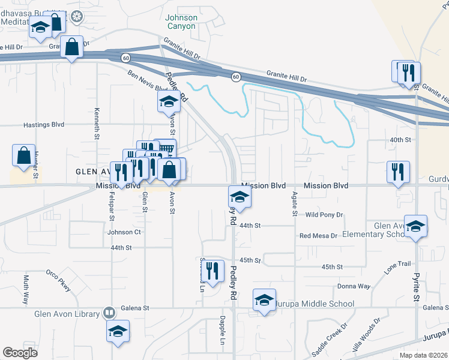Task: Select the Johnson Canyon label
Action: (181, 22)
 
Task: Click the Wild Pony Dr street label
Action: (324, 214)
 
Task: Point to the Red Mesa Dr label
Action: (318, 236)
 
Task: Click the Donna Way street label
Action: (354, 286)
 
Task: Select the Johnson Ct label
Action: (124, 232)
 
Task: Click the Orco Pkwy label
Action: (58, 281)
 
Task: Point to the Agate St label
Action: (295, 204)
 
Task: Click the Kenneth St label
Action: (96, 124)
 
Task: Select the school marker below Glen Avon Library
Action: (118, 331)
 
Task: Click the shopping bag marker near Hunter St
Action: (23, 155)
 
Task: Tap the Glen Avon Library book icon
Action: (109, 313)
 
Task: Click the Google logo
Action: (20, 353)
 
